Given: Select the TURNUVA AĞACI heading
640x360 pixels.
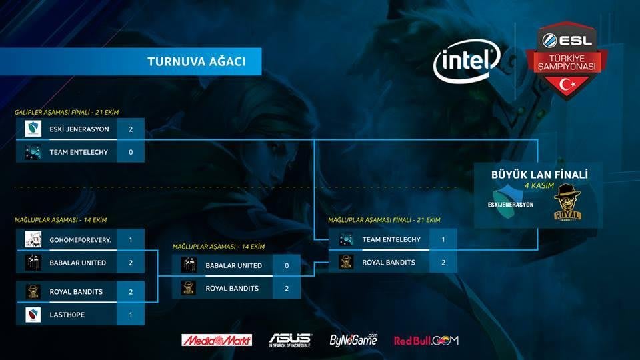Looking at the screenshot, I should (197, 62).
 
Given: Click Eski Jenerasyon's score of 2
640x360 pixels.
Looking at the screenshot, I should (131, 129).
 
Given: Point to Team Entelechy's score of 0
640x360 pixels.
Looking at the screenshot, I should (131, 152).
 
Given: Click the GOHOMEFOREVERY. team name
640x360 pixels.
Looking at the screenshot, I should (80, 239).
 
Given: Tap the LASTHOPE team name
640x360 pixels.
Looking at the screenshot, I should (68, 315).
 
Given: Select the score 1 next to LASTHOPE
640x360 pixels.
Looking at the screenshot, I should (131, 315).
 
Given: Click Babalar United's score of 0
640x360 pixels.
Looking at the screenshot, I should (287, 265).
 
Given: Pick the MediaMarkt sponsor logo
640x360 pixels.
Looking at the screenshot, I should (217, 340).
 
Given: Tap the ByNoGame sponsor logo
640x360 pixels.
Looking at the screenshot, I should (353, 339).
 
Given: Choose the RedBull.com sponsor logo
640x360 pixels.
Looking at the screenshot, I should (426, 340).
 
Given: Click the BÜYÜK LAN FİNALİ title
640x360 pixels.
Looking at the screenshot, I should (539, 175).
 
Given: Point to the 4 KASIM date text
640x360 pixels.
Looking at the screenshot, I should (539, 187).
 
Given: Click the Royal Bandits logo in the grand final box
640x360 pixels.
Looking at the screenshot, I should (568, 203).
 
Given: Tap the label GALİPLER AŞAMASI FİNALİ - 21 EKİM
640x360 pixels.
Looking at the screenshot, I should (67, 111).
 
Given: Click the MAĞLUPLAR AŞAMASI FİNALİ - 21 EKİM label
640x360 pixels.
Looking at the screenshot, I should (384, 220).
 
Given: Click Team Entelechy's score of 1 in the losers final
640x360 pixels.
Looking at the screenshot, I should (443, 239).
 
